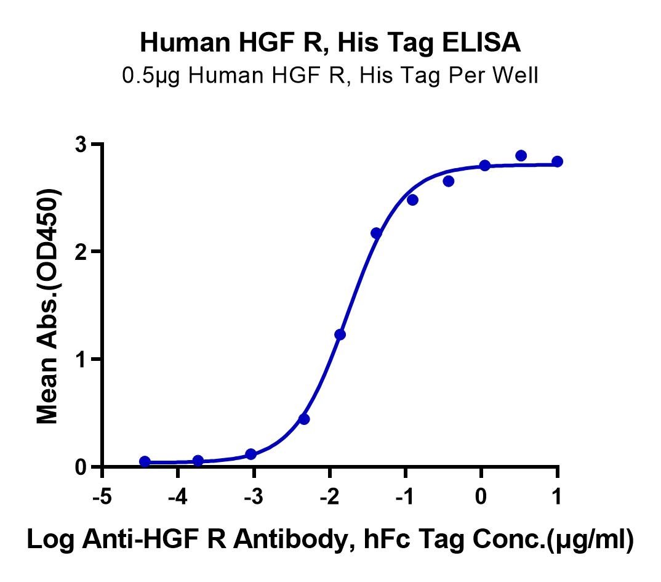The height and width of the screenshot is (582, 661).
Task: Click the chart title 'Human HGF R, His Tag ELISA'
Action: pyautogui.click(x=330, y=43)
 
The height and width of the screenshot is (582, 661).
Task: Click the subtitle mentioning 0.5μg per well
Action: pyautogui.click(x=330, y=76)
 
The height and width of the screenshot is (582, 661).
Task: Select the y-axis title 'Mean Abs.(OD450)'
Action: pyautogui.click(x=47, y=305)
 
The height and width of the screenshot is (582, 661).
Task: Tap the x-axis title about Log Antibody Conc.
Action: pyautogui.click(x=330, y=540)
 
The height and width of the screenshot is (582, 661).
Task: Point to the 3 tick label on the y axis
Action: pyautogui.click(x=81, y=144)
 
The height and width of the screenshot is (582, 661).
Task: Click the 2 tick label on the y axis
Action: pyautogui.click(x=81, y=252)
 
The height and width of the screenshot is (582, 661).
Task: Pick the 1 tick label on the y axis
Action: pyautogui.click(x=81, y=359)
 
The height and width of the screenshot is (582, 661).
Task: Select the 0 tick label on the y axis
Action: pyautogui.click(x=81, y=467)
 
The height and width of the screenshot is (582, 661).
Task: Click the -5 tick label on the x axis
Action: pyautogui.click(x=102, y=496)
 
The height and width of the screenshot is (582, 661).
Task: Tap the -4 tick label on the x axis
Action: pyautogui.click(x=178, y=496)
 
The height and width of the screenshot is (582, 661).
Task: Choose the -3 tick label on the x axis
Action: pyautogui.click(x=254, y=496)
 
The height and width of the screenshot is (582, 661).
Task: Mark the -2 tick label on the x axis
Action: pyautogui.click(x=330, y=496)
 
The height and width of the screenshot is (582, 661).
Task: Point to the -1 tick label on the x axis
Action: pyautogui.click(x=406, y=496)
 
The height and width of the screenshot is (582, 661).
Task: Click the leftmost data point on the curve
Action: pyautogui.click(x=145, y=461)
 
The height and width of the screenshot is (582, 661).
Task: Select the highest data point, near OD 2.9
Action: pyautogui.click(x=521, y=156)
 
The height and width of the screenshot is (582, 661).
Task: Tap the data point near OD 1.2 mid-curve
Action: pyautogui.click(x=340, y=334)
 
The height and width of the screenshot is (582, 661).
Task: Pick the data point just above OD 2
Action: pyautogui.click(x=377, y=233)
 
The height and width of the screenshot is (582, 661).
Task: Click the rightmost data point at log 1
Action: pyautogui.click(x=558, y=161)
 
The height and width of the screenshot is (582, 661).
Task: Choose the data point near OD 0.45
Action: pyautogui.click(x=304, y=419)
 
